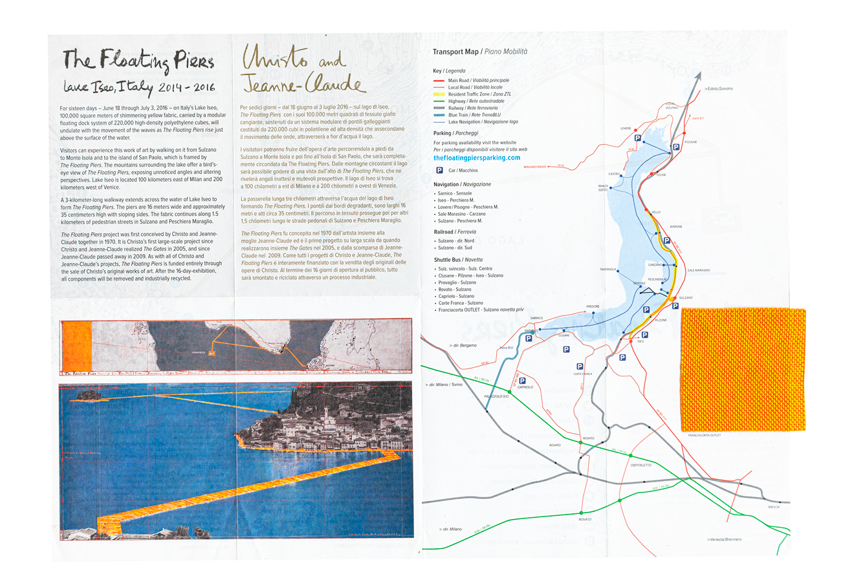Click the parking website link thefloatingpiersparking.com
point(477,158)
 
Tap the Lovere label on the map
point(626,129)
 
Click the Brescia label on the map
point(774,507)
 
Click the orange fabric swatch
point(743,369)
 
